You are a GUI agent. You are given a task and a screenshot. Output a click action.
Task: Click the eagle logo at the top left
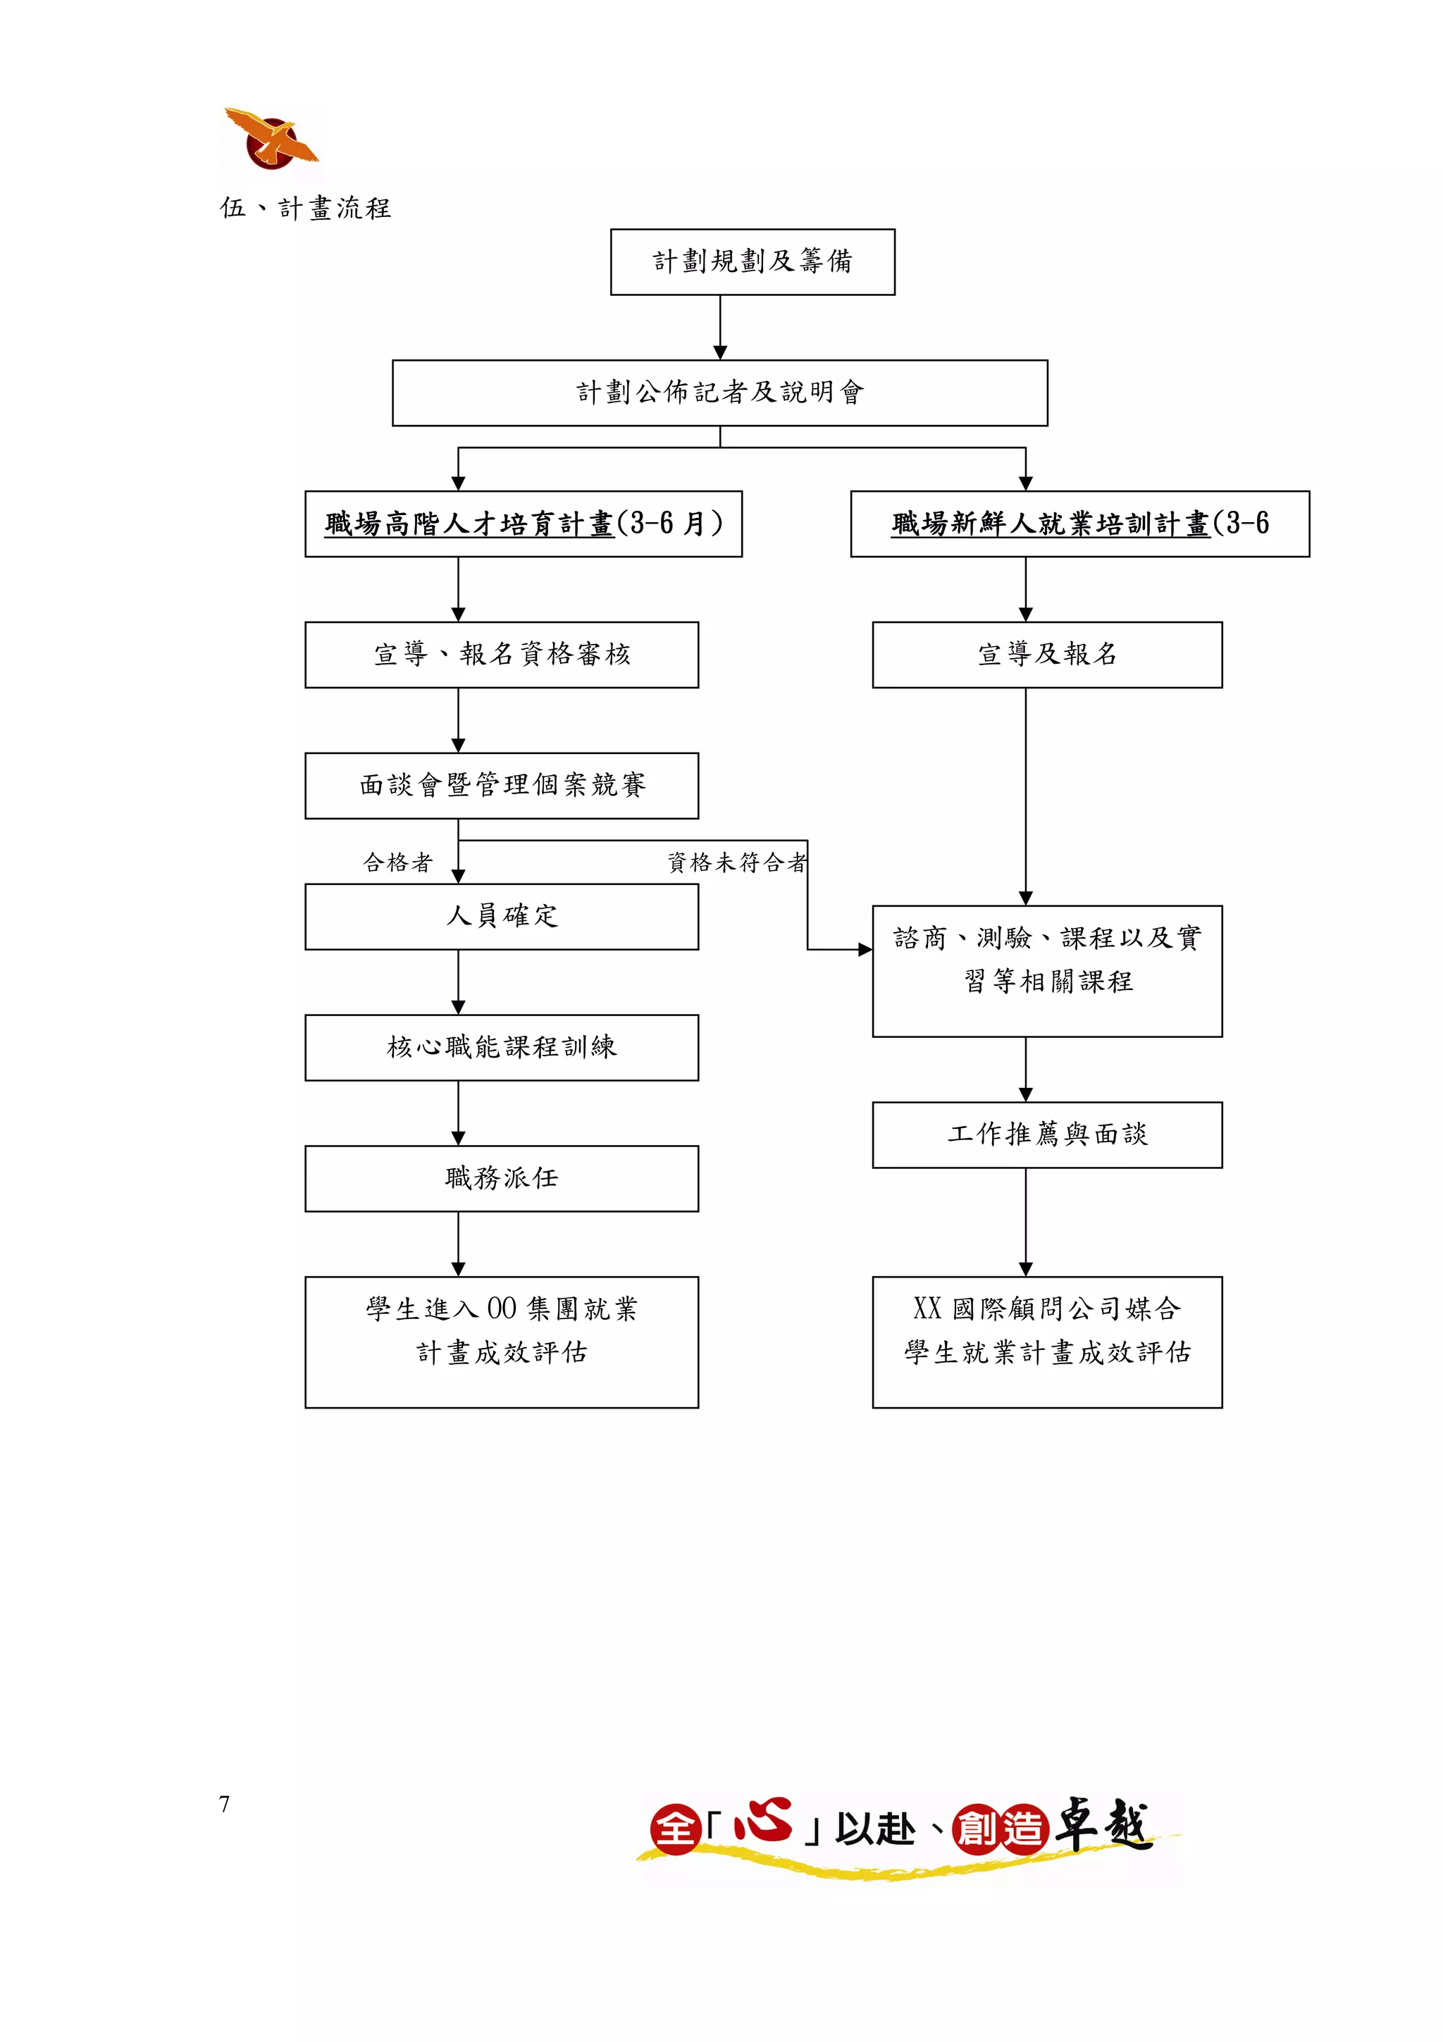(271, 140)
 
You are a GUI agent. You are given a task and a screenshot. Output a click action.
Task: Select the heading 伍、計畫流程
(305, 208)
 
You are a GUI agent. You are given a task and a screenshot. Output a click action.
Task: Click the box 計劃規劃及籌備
(753, 261)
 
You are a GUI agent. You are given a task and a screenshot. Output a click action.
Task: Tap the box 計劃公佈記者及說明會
(719, 392)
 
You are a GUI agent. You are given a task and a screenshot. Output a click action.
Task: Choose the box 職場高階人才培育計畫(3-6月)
(523, 524)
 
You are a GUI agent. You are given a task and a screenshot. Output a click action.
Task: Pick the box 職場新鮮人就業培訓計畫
(1079, 524)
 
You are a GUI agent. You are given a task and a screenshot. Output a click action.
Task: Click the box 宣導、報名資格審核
(502, 655)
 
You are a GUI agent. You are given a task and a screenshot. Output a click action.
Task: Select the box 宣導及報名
(1046, 655)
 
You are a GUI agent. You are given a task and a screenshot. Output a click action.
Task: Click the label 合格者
(397, 862)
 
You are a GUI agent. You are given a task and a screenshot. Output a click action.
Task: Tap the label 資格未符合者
(737, 862)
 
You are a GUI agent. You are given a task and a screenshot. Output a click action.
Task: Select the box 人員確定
(502, 916)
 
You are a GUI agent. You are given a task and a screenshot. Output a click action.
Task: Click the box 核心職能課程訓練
(502, 1047)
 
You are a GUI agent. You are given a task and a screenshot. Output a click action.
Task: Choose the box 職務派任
(502, 1178)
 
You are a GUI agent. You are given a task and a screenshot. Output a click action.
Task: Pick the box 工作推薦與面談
(1046, 1134)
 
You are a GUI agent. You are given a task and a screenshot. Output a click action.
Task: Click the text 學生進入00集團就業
(502, 1309)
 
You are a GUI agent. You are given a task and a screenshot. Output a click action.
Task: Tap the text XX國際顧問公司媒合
(1046, 1309)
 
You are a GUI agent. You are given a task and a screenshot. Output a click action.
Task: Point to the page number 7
(224, 1805)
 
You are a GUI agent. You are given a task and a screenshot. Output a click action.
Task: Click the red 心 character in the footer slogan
(763, 1821)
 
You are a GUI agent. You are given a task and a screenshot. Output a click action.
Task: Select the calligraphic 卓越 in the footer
(1103, 1824)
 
